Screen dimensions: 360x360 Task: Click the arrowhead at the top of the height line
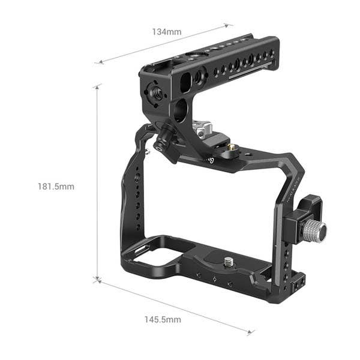point(97,88)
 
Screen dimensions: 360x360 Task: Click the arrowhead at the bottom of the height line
point(97,278)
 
